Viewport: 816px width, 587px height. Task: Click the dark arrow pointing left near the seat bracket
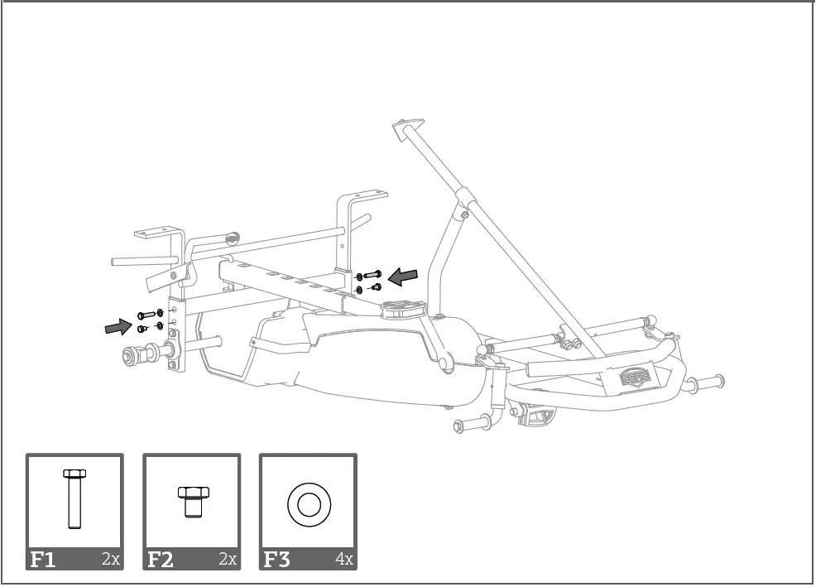pyautogui.click(x=403, y=277)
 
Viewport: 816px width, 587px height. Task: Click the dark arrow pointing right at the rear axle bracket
pyautogui.click(x=118, y=328)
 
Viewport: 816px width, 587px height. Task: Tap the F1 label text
pyautogui.click(x=43, y=559)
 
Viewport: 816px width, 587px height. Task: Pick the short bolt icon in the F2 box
pyautogui.click(x=191, y=501)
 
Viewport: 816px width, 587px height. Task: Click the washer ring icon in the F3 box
pyautogui.click(x=308, y=503)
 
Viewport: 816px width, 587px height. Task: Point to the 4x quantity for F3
pyautogui.click(x=344, y=560)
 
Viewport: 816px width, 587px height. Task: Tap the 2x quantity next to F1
pyautogui.click(x=111, y=560)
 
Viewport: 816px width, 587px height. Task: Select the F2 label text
pyautogui.click(x=160, y=559)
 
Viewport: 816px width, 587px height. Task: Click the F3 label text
pyautogui.click(x=277, y=559)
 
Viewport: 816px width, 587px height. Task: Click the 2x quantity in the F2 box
pyautogui.click(x=228, y=560)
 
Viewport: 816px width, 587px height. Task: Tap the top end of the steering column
pyautogui.click(x=403, y=130)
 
